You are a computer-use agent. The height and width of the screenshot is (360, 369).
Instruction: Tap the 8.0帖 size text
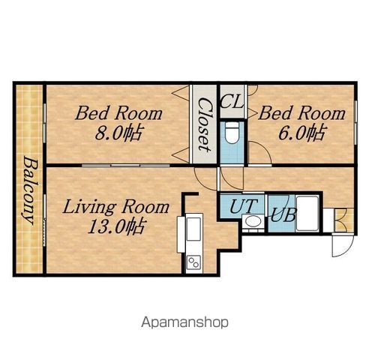pos(118,133)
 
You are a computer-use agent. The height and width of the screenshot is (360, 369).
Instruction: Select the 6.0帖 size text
pos(301,133)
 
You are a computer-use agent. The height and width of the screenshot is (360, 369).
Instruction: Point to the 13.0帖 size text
pos(115,226)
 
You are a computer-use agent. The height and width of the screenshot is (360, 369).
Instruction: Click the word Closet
pos(205,124)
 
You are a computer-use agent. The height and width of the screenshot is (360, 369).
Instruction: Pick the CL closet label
pos(232,101)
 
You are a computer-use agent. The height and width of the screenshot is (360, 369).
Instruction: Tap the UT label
pos(243,205)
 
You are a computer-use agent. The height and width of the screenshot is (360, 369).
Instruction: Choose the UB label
pos(283,214)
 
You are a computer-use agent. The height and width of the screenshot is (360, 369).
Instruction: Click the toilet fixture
pos(232,133)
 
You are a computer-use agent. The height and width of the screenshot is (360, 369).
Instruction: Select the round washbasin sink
pos(253,221)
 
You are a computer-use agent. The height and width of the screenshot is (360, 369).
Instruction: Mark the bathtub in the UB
pos(307,214)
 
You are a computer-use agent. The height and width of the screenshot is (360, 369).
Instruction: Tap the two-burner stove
pos(193,262)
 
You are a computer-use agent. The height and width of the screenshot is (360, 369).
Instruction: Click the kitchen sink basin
pos(194,229)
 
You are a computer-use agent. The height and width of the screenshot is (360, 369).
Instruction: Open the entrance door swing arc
pos(343,246)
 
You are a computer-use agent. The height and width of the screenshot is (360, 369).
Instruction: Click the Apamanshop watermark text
pos(184,322)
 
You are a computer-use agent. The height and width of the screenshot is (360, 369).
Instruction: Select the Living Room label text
pos(115,208)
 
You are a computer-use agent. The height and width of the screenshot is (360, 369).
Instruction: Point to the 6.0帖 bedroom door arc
pos(260,152)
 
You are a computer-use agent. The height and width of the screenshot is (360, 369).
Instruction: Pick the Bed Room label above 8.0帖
pos(118,113)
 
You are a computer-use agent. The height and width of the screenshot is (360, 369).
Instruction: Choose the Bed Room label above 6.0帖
pos(301,113)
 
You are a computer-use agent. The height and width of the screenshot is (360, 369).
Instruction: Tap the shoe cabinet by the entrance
pos(344,220)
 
